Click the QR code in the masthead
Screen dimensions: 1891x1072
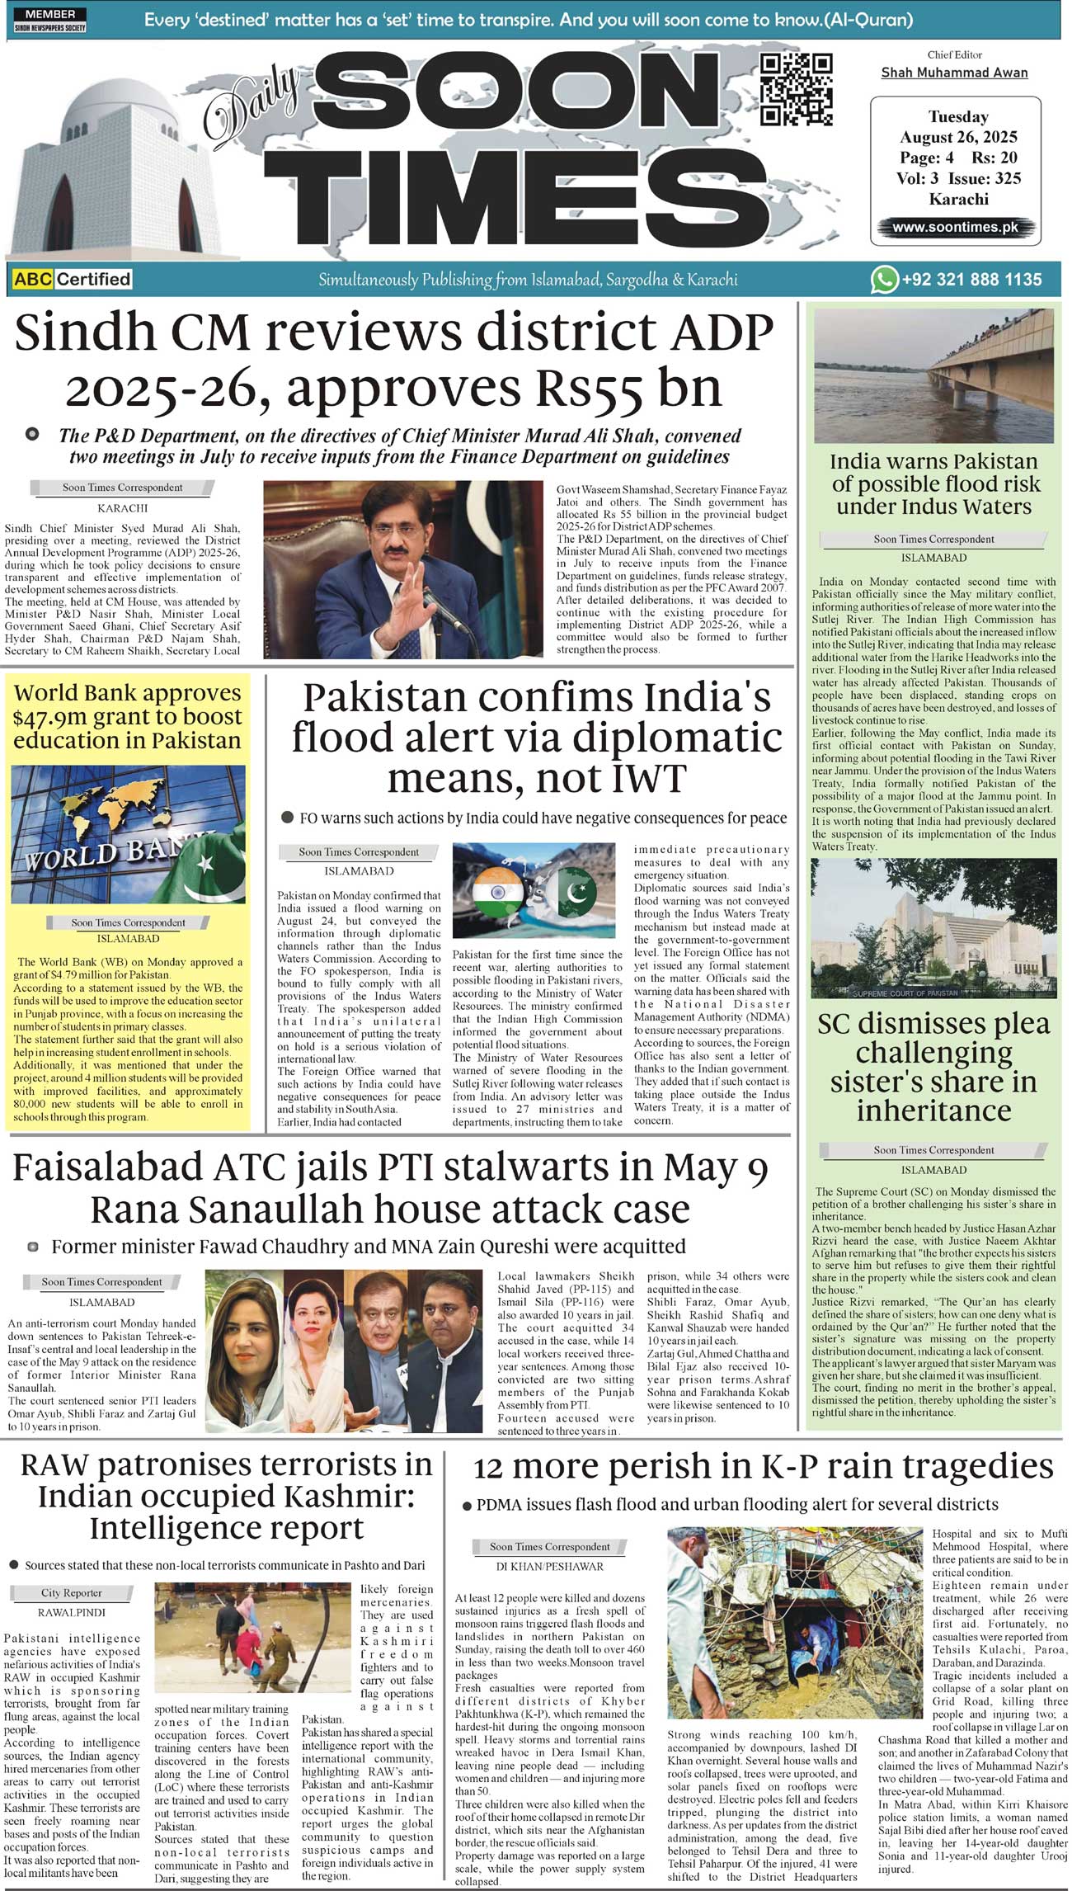[x=796, y=89]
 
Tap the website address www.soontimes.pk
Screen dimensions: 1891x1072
[x=955, y=227]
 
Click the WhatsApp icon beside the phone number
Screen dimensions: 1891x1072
[x=884, y=280]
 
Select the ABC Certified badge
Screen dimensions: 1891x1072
[x=72, y=279]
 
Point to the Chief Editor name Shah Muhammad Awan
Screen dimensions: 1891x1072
[x=954, y=73]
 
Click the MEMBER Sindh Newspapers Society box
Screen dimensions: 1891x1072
[x=49, y=20]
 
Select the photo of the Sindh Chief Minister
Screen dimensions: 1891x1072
[x=403, y=569]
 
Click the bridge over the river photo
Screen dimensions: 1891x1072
[x=933, y=375]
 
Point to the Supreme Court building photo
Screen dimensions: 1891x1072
[x=933, y=928]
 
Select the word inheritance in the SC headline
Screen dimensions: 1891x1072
[x=933, y=1111]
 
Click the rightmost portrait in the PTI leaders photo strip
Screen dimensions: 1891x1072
[x=445, y=1351]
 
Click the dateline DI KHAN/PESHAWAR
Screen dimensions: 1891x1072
[x=549, y=1566]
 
